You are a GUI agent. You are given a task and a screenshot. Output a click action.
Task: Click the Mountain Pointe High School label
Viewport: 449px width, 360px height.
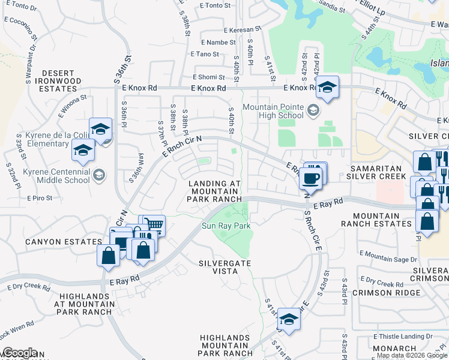pos(273,111)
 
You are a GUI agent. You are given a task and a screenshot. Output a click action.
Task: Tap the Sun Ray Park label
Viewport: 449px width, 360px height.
pos(225,226)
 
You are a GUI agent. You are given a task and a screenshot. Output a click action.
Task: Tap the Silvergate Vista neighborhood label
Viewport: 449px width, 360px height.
pos(226,267)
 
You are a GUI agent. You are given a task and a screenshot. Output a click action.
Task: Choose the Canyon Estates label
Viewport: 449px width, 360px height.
pos(55,242)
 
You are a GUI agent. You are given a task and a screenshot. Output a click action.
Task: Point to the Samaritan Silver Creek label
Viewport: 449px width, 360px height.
pos(375,172)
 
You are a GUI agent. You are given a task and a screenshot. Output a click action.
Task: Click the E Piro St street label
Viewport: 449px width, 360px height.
pos(40,197)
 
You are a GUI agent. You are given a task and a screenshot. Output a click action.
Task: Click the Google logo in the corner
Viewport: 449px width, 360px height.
pos(19,353)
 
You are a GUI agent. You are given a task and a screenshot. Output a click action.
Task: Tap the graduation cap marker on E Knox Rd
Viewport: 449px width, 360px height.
pos(328,88)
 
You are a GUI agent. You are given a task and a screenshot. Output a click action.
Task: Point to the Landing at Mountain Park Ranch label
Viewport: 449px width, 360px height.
pos(215,191)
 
